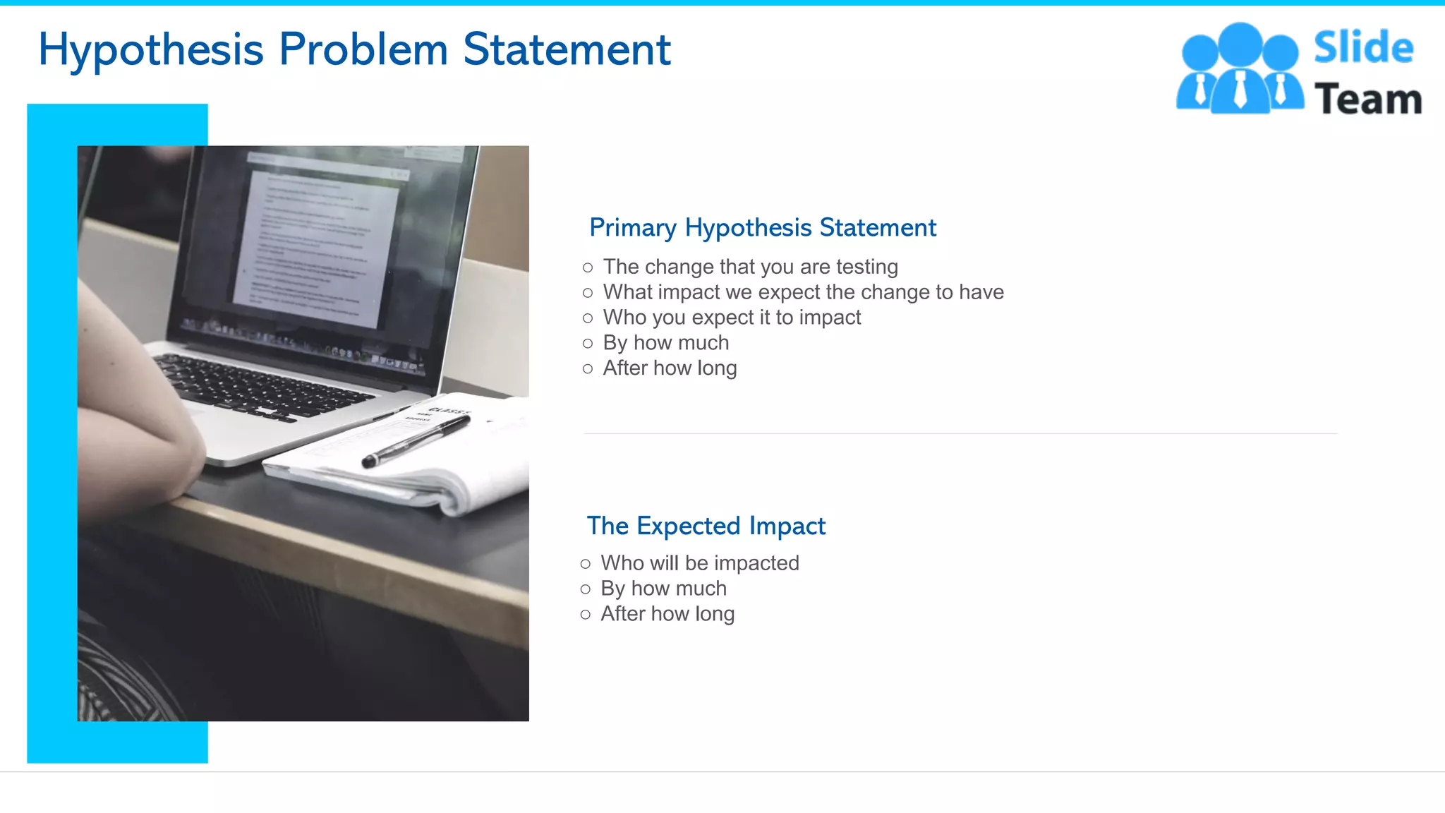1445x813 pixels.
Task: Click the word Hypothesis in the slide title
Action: (150, 51)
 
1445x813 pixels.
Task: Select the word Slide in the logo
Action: (1363, 48)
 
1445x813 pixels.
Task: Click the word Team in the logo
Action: (1368, 99)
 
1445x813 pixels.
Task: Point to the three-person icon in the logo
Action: (1240, 69)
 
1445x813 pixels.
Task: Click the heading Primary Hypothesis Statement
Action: (763, 228)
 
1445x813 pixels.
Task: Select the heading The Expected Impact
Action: (706, 526)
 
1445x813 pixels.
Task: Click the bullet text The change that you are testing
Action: (750, 267)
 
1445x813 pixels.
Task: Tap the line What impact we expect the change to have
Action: (803, 292)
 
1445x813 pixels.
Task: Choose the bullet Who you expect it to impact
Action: (732, 318)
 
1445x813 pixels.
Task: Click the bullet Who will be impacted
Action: (699, 563)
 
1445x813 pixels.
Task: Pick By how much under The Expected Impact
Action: (663, 589)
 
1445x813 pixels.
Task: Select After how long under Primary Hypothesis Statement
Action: (670, 368)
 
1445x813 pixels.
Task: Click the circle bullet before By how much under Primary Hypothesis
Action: (588, 344)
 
